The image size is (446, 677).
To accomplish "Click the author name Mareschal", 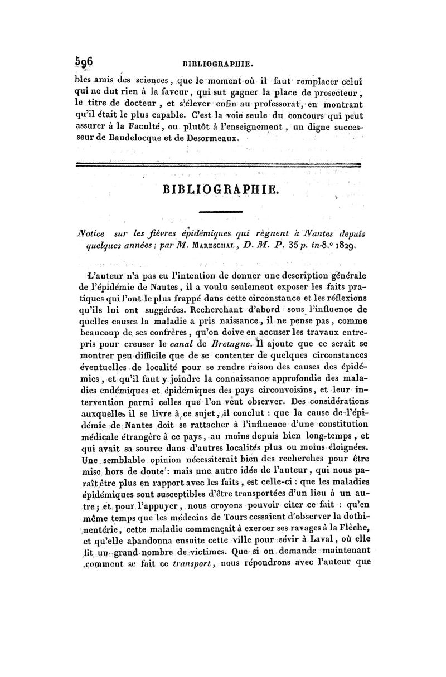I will coord(229,243).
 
